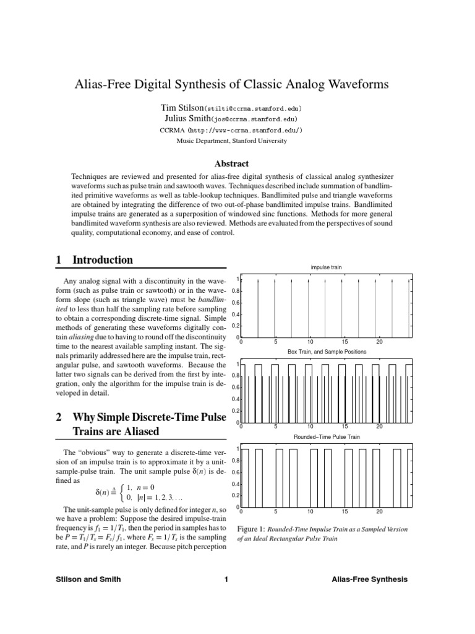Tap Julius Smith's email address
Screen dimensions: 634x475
(254, 119)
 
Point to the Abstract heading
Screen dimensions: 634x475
(231, 164)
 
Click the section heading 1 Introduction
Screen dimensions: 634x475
(94, 260)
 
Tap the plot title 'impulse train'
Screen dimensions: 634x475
(326, 267)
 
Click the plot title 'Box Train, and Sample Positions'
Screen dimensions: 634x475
(327, 351)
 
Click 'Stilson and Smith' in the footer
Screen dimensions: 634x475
(88, 580)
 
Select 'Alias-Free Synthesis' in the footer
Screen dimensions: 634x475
(369, 580)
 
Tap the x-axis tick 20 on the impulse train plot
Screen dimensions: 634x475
(380, 342)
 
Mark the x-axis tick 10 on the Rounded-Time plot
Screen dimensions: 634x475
(310, 511)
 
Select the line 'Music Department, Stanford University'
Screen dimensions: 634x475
(232, 141)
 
